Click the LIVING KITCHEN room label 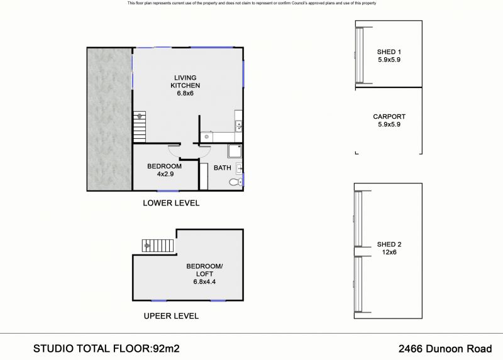click(185, 82)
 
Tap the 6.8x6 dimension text click(185, 93)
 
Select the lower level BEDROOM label click(164, 166)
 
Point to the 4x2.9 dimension click(165, 174)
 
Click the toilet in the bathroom click(236, 182)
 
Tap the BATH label click(223, 168)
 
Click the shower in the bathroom click(235, 151)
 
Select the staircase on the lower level click(140, 127)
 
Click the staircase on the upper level click(158, 246)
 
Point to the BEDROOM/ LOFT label click(204, 270)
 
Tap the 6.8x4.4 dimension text click(204, 282)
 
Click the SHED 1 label click(389, 52)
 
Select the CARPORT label click(389, 117)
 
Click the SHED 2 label click(389, 244)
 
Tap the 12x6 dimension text click(389, 253)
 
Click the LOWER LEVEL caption click(171, 203)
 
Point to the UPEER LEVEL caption click(171, 316)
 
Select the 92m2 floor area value click(166, 349)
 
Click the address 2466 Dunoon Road click(445, 349)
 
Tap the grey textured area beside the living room click(109, 119)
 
